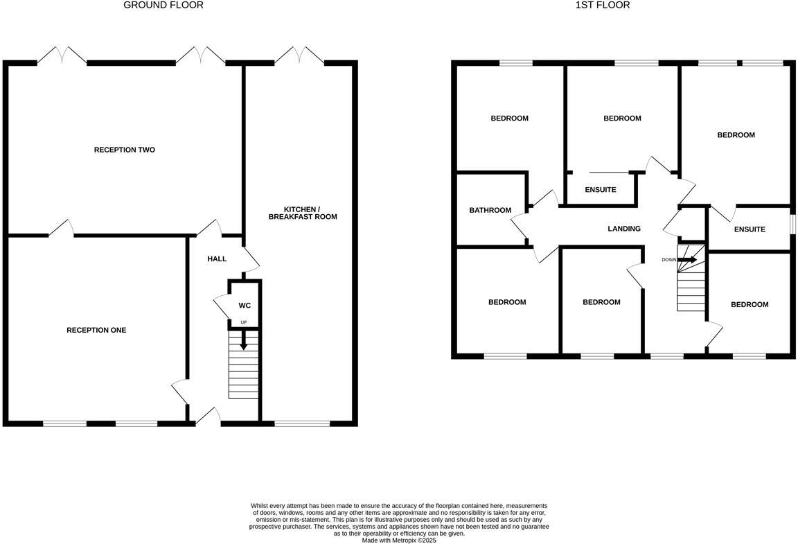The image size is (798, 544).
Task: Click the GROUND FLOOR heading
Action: pos(163,5)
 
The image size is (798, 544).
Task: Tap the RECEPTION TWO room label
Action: pos(124,150)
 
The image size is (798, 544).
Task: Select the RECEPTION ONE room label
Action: pos(96,330)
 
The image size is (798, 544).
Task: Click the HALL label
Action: pos(217,258)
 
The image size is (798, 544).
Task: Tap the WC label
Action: pos(245,305)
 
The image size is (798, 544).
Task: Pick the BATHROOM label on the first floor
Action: pos(490,210)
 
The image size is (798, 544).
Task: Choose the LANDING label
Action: pos(623,228)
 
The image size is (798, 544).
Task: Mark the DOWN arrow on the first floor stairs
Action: pos(686,260)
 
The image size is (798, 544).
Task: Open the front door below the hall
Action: pos(208,416)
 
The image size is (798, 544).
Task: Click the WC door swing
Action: pos(222,305)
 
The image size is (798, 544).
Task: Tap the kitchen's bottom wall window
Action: pos(302,423)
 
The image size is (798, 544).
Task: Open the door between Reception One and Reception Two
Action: pos(61,228)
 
